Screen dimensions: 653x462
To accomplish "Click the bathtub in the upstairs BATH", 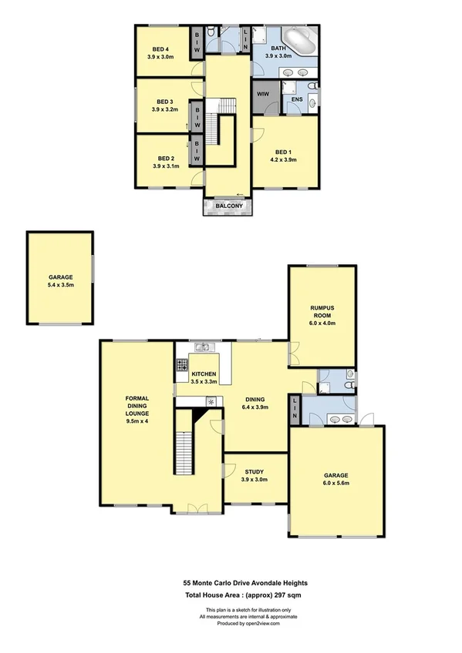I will coord(298,39).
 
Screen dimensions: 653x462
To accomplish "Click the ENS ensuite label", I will coord(297,99).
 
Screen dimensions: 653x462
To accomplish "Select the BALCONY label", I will coord(229,206).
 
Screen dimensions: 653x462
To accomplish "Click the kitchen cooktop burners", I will coord(183,367).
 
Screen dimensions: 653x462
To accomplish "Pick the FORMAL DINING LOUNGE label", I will coord(136,409).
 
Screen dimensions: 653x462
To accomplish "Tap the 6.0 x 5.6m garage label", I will coord(336,478).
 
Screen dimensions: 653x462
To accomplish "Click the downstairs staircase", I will coord(184,454).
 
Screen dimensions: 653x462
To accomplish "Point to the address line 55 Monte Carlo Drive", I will coord(230,583).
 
